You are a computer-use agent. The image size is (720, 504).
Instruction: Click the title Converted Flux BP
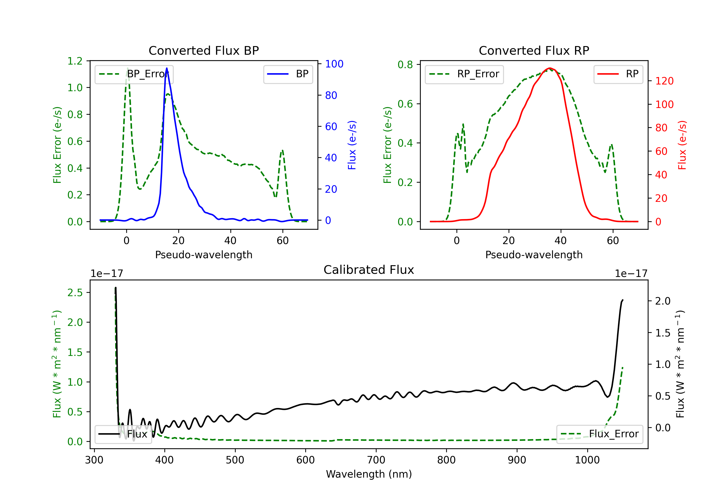point(204,50)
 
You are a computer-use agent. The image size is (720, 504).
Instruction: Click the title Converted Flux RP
point(534,50)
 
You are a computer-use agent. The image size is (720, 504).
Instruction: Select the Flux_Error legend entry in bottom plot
point(599,434)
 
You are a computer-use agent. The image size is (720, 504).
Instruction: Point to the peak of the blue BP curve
point(167,68)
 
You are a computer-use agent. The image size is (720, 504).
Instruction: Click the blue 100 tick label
point(334,64)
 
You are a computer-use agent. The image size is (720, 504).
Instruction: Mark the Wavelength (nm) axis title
point(369,474)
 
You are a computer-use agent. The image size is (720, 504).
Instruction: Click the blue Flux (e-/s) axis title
point(352,145)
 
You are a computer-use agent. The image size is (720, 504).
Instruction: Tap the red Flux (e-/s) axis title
point(682,145)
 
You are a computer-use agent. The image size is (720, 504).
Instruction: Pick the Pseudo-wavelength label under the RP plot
point(534,255)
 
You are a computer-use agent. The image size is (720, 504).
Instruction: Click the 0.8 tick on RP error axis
point(405,65)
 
